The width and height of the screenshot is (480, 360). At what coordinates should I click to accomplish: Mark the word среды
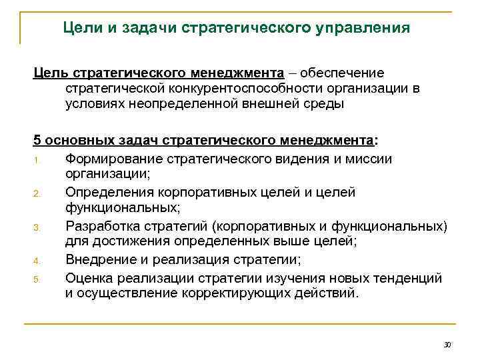click(x=326, y=104)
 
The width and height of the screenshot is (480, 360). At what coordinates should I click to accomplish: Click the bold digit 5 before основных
click(x=38, y=141)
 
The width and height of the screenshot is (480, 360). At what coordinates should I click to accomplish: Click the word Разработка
click(x=102, y=227)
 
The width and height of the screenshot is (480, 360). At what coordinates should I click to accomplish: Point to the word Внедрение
click(x=100, y=259)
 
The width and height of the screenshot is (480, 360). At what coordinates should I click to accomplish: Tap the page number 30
click(x=447, y=345)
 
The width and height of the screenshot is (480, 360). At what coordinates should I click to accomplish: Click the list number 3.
click(x=38, y=228)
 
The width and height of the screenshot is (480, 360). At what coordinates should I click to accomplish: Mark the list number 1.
click(x=37, y=159)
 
